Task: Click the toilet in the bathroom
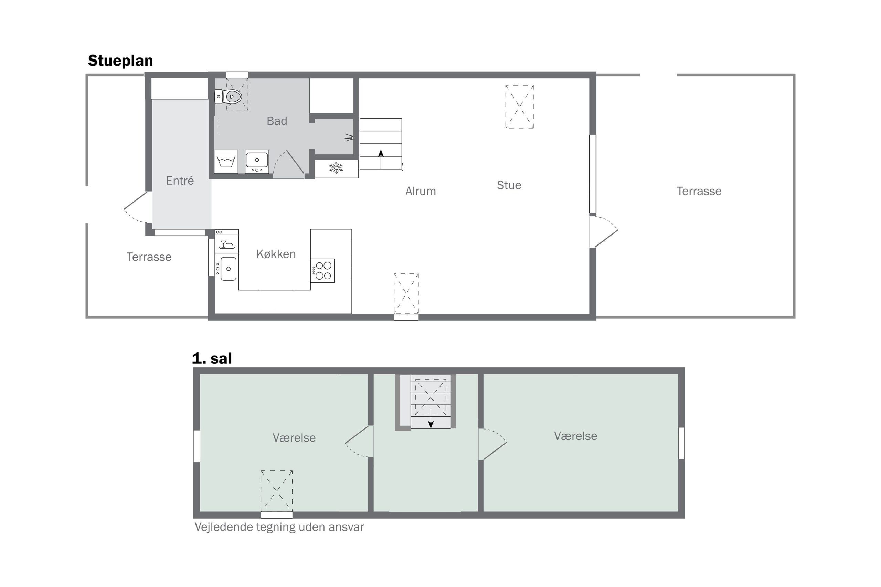pyautogui.click(x=228, y=97)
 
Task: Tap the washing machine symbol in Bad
pyautogui.click(x=226, y=161)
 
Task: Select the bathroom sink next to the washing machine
pyautogui.click(x=257, y=161)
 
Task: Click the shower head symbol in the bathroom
pyautogui.click(x=349, y=138)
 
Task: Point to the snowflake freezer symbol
pyautogui.click(x=336, y=168)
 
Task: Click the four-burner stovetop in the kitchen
pyautogui.click(x=322, y=271)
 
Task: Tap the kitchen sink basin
pyautogui.click(x=229, y=269)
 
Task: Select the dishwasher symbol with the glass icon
pyautogui.click(x=227, y=241)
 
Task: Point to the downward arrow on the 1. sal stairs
pyautogui.click(x=431, y=419)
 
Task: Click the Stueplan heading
pyautogui.click(x=120, y=61)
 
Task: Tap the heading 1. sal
pyautogui.click(x=212, y=359)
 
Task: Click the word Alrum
pyautogui.click(x=421, y=191)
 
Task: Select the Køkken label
pyautogui.click(x=276, y=254)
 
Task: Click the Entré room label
pyautogui.click(x=180, y=181)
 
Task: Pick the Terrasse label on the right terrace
pyautogui.click(x=699, y=191)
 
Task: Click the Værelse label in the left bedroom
pyautogui.click(x=294, y=438)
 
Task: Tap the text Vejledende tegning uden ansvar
pyautogui.click(x=279, y=527)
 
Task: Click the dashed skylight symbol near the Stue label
pyautogui.click(x=520, y=107)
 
